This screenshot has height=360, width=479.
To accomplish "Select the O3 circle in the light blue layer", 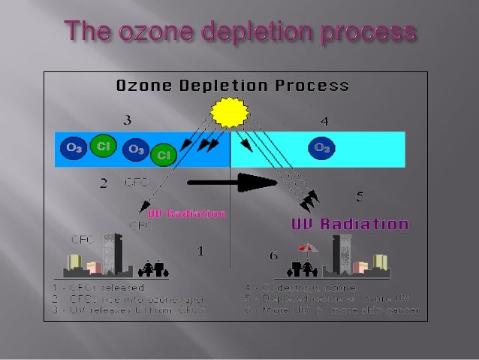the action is pos(321,147).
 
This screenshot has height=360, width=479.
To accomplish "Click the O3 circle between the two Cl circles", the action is pos(136,150).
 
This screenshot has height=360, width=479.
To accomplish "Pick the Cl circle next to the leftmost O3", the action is pos(103,145).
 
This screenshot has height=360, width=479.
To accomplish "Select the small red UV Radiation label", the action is pos(186,213).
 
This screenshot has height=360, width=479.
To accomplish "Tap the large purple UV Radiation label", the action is pos(350,224).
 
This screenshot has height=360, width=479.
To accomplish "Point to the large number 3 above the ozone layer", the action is pos(128,119).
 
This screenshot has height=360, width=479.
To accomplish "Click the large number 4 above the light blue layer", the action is pos(324,120).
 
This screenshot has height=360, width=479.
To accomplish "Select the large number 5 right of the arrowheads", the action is pos(360,196).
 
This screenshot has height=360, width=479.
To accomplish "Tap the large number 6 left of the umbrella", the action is pos(274,256).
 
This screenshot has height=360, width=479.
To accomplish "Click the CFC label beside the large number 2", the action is pos(137,182).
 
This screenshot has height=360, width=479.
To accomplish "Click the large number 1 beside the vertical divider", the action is pos(200,251).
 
